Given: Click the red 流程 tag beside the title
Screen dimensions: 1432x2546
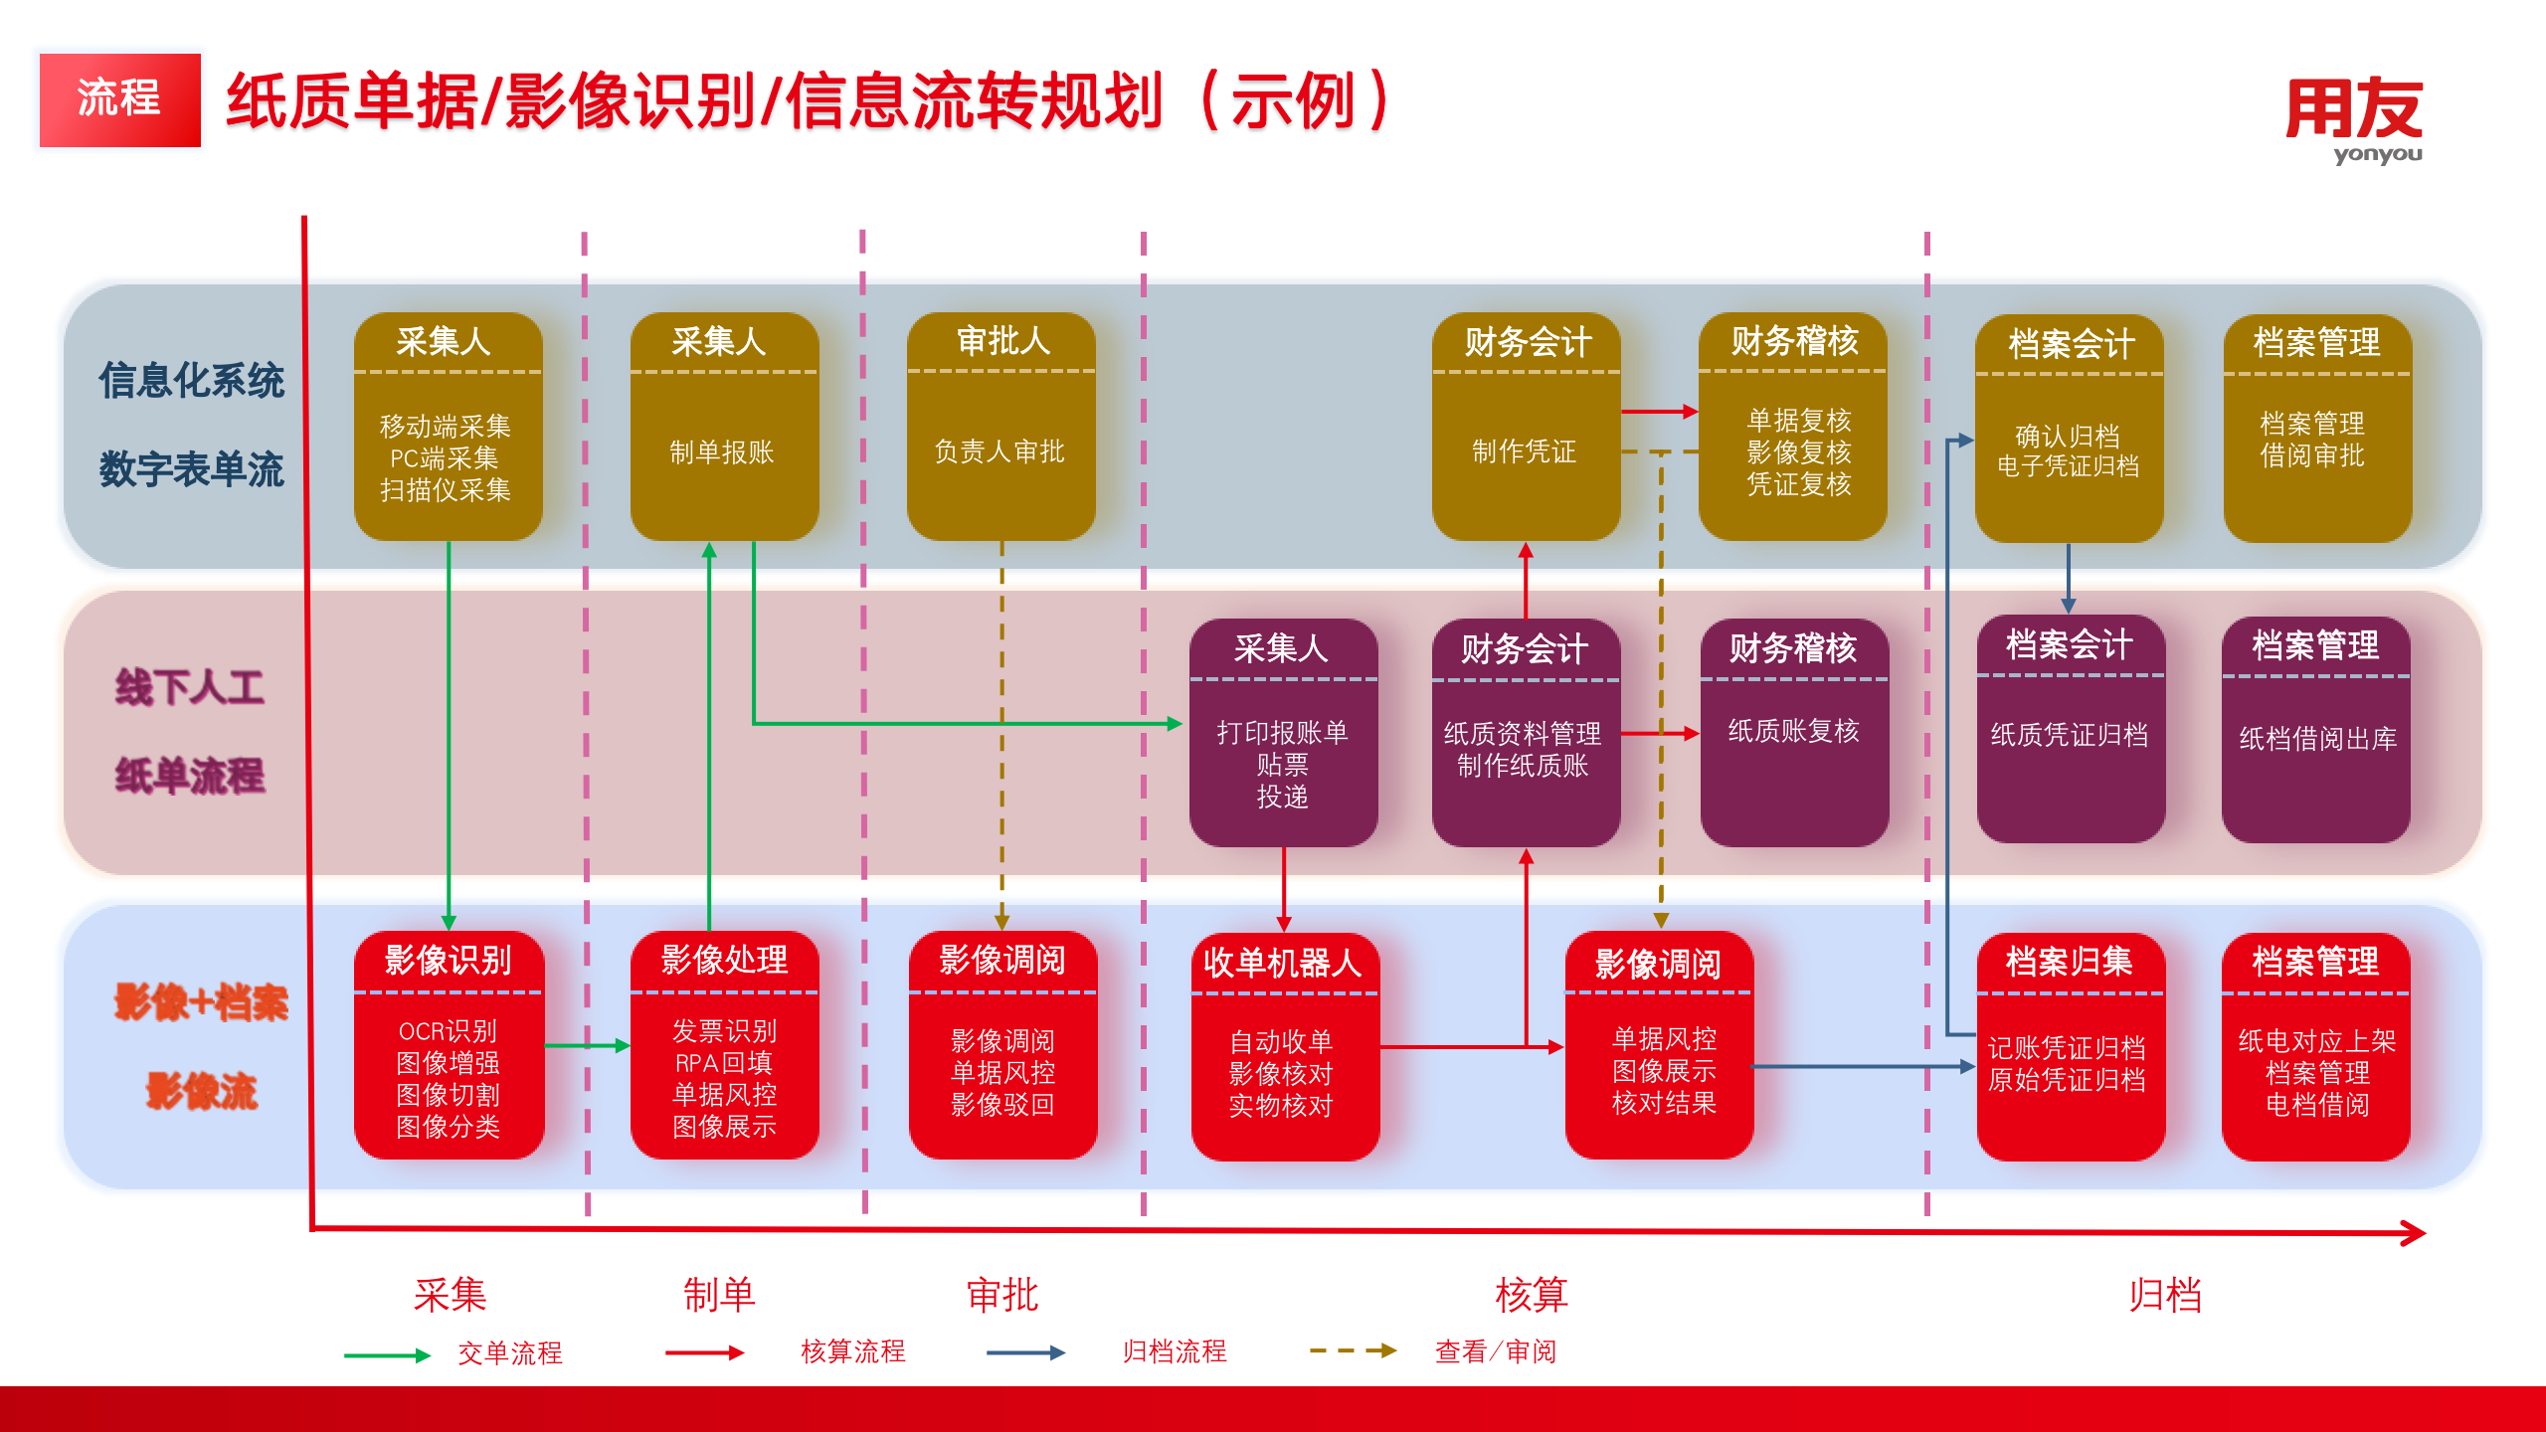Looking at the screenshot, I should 119,99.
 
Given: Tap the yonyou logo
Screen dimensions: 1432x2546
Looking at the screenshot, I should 2354,119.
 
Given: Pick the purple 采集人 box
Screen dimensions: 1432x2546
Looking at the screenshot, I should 1283,732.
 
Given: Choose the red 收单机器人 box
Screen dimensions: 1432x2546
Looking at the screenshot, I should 1284,1046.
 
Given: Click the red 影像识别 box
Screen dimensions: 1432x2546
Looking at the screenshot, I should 449,1044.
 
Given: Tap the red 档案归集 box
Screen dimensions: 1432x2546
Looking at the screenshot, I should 2070,1046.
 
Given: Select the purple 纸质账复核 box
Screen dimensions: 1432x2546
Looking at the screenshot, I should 1793,732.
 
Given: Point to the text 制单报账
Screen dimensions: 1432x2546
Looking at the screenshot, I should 722,452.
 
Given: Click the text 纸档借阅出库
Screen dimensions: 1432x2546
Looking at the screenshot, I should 2317,739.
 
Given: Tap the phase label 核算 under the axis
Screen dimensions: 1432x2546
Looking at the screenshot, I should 1532,1295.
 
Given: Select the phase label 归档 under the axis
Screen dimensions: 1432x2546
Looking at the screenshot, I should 2165,1295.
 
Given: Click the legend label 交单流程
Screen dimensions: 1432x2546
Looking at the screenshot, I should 510,1352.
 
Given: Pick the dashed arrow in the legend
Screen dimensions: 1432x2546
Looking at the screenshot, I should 1353,1350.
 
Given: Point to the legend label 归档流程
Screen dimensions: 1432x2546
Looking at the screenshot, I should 1175,1351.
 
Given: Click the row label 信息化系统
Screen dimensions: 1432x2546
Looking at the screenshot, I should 191,381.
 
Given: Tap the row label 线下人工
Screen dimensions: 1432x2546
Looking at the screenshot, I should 189,687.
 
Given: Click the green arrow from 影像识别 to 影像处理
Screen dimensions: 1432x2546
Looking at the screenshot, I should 587,1045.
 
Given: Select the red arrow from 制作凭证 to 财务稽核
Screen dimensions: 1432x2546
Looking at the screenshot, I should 1659,411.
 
